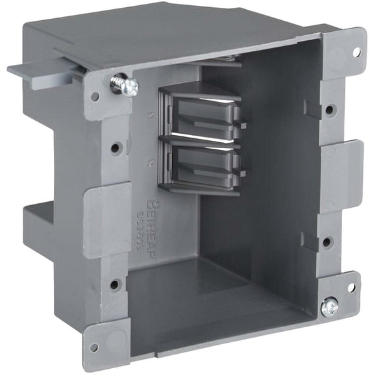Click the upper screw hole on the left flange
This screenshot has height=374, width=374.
click(115, 148)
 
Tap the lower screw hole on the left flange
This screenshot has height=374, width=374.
click(115, 284)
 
